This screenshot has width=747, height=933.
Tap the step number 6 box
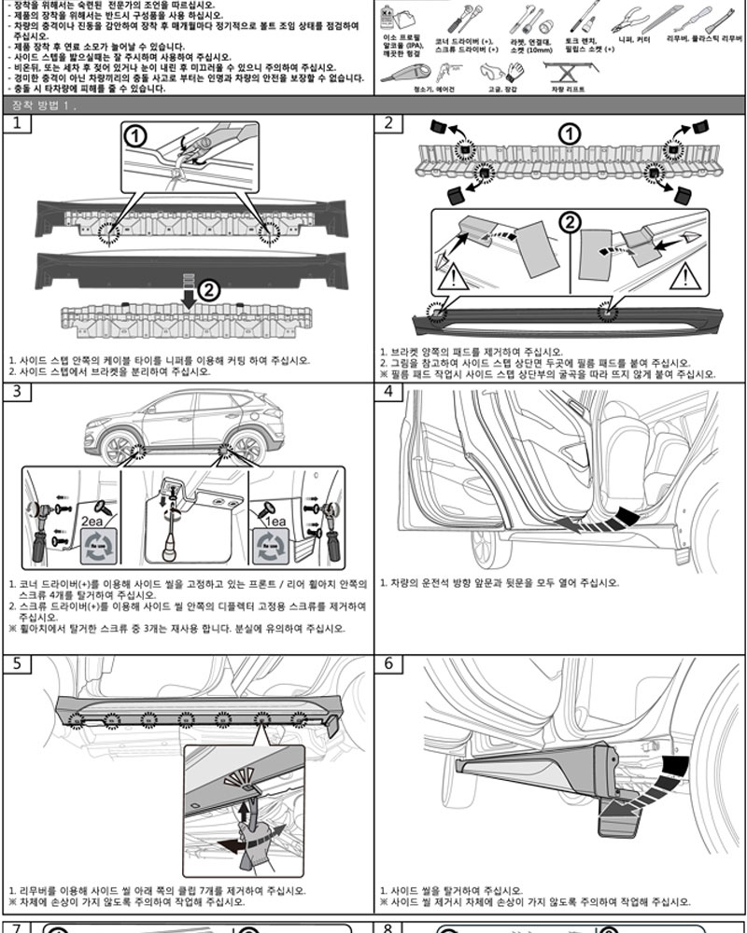pyautogui.click(x=388, y=665)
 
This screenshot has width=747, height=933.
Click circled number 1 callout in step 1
pyautogui.click(x=136, y=137)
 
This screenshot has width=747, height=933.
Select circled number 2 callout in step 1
pyautogui.click(x=210, y=290)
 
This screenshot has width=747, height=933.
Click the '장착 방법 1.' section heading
pyautogui.click(x=46, y=104)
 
